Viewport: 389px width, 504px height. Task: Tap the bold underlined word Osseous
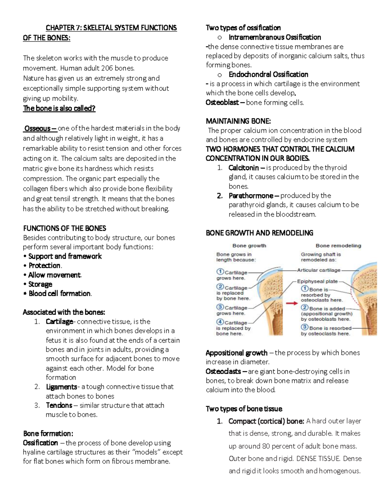click(38, 129)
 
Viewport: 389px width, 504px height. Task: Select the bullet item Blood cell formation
click(60, 293)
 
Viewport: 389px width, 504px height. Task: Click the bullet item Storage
click(40, 284)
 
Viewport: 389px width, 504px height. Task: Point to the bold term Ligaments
click(61, 387)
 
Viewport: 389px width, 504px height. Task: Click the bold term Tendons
click(59, 405)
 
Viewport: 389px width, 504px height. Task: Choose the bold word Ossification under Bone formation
click(41, 443)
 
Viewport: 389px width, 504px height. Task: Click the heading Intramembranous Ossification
click(275, 37)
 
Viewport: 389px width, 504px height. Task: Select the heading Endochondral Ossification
click(268, 74)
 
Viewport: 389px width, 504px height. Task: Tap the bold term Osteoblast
click(222, 103)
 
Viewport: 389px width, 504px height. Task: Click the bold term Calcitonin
click(243, 168)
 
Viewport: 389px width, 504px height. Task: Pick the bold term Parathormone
click(251, 196)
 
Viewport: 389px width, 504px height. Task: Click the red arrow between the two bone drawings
click(292, 303)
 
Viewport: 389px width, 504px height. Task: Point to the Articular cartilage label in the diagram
click(319, 270)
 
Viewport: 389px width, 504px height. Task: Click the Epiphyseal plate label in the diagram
click(317, 281)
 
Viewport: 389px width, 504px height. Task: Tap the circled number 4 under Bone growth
click(220, 322)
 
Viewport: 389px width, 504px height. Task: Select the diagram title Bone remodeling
click(338, 246)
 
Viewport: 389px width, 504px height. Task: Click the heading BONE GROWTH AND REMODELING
click(259, 233)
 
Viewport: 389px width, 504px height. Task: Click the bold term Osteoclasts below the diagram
click(223, 371)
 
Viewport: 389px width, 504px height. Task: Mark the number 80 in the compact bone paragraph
click(266, 446)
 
